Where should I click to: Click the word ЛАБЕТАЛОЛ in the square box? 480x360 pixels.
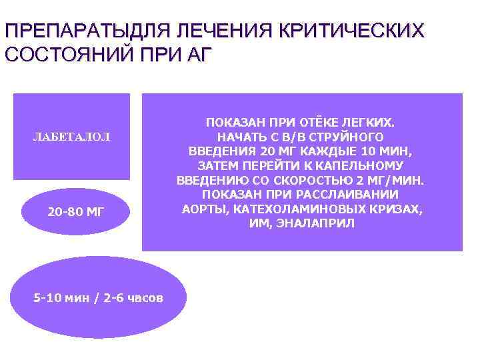tap(71, 137)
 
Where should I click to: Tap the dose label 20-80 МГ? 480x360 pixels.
tap(76, 213)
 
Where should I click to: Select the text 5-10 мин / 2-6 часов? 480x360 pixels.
tap(98, 298)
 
